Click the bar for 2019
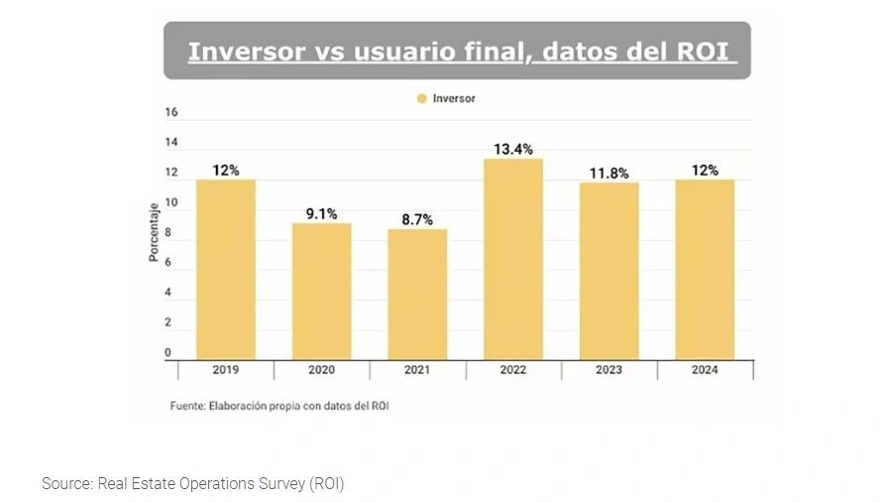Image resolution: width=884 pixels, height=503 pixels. click(x=225, y=269)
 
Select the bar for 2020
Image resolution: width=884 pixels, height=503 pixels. click(x=321, y=291)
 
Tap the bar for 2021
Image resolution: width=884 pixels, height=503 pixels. click(x=417, y=294)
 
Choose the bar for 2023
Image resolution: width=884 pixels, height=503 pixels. click(x=608, y=270)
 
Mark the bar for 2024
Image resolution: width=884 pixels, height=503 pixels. click(x=705, y=269)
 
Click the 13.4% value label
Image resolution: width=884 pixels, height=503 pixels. click(x=513, y=149)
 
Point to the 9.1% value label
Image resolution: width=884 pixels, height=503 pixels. click(x=321, y=213)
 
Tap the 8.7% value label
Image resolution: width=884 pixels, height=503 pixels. click(x=417, y=220)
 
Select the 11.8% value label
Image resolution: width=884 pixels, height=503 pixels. click(x=609, y=174)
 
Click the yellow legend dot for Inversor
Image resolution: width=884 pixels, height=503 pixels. click(x=421, y=98)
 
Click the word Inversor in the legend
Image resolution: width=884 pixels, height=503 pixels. click(x=454, y=98)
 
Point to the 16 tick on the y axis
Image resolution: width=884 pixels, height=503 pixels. click(x=171, y=113)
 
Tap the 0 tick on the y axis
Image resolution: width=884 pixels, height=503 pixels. click(x=167, y=352)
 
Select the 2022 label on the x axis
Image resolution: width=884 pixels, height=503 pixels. click(x=513, y=370)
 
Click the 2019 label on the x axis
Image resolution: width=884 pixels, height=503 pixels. click(x=226, y=370)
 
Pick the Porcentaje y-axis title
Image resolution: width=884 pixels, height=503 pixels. click(x=154, y=233)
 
